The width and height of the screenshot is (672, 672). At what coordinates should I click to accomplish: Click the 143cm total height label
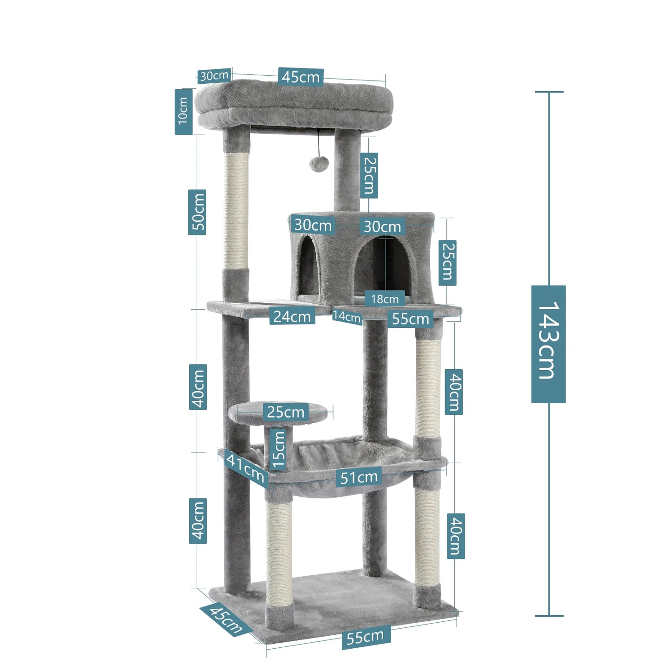coord(548,344)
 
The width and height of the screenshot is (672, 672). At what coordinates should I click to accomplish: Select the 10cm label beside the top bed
coord(183,112)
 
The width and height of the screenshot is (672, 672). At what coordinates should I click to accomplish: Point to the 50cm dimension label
coord(197,212)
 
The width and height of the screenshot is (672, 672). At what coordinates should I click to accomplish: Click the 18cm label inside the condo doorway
coord(385,299)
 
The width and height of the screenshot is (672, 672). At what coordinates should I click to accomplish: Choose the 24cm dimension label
coord(292,316)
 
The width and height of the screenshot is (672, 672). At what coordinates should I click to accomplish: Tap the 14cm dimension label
coord(347,317)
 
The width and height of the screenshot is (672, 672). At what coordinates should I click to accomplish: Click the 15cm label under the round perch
coord(278,449)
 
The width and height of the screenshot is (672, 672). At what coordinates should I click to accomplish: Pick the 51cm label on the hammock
coord(359,477)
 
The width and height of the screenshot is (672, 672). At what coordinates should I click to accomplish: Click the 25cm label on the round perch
coord(285,412)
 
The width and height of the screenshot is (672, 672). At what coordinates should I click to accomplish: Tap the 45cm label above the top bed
coord(301,77)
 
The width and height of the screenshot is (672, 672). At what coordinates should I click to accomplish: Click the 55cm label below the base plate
coord(366,637)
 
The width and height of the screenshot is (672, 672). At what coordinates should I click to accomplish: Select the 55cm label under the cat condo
coord(410,319)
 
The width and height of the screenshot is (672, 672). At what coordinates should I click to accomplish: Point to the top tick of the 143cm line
coord(549,92)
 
